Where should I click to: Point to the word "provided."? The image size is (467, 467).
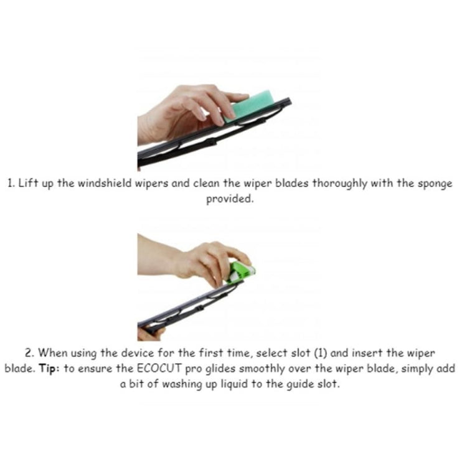click(232, 200)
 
